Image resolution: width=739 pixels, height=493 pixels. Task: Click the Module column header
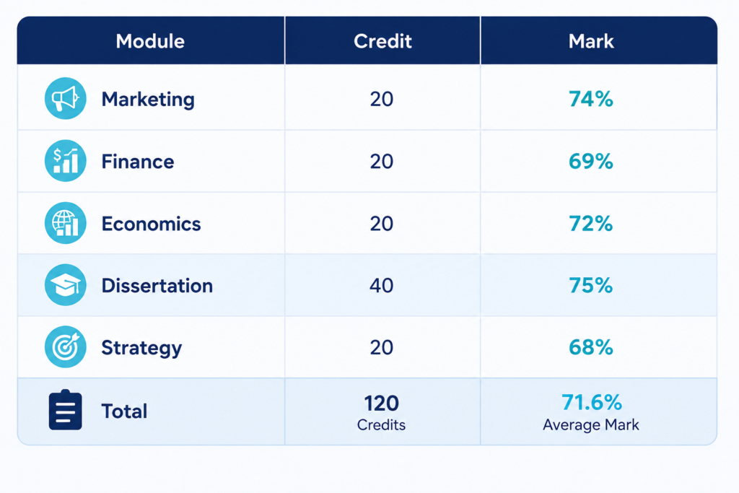coord(150,41)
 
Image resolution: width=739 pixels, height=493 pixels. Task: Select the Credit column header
coord(382,41)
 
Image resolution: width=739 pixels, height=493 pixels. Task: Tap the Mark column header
coord(591,41)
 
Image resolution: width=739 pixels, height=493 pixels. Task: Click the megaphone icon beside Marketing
coord(66,98)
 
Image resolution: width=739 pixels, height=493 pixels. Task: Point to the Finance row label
coord(138,162)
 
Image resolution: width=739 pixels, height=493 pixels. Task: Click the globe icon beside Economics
coord(66,223)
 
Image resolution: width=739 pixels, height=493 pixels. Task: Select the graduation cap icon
coord(66,284)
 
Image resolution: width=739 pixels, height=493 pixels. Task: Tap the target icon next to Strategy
coord(66,347)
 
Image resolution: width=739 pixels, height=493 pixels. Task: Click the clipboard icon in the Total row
coord(66,409)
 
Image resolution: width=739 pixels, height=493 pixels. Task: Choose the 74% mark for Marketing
coord(591,99)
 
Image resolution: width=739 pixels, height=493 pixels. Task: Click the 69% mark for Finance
coord(591,161)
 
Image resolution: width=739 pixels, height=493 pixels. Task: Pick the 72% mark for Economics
coord(591,224)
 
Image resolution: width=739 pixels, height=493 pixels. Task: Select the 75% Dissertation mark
coord(591,285)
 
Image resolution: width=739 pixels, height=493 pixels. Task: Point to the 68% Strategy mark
coord(591,347)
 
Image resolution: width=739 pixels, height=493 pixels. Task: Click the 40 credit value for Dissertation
coord(381,286)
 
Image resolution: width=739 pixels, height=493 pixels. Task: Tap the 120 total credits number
coord(381,403)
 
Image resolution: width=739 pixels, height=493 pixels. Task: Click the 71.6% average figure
coord(592,403)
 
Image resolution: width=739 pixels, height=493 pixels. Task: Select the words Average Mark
coord(591,424)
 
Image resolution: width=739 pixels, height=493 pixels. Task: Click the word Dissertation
coord(157,286)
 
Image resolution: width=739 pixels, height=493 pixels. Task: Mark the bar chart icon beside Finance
coord(66,161)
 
